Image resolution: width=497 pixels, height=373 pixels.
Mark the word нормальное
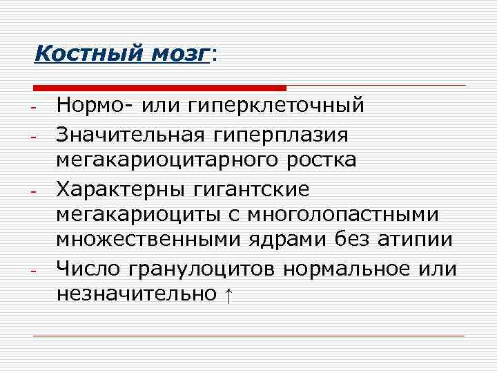pos(349,267)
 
